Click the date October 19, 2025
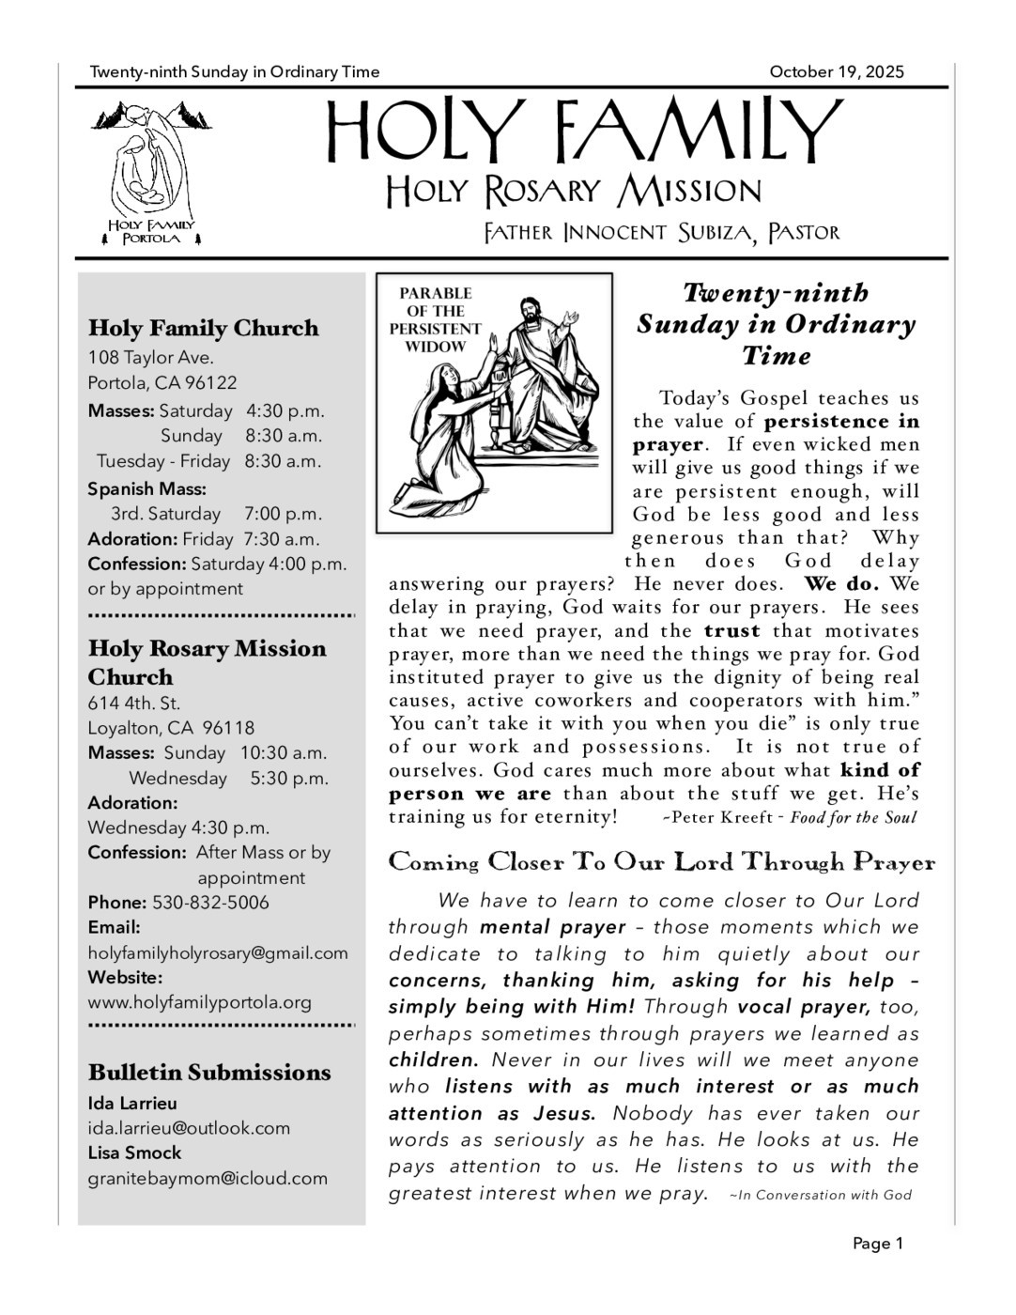point(836,71)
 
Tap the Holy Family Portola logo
point(150,174)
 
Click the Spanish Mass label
point(146,488)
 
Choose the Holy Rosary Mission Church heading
point(207,662)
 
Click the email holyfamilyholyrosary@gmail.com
point(218,952)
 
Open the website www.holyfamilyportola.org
point(199,1002)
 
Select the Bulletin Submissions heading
point(209,1073)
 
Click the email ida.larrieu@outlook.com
point(189,1128)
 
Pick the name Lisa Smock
point(134,1153)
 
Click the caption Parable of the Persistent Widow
point(436,319)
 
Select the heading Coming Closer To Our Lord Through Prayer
point(662,862)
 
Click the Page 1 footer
point(877,1244)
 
